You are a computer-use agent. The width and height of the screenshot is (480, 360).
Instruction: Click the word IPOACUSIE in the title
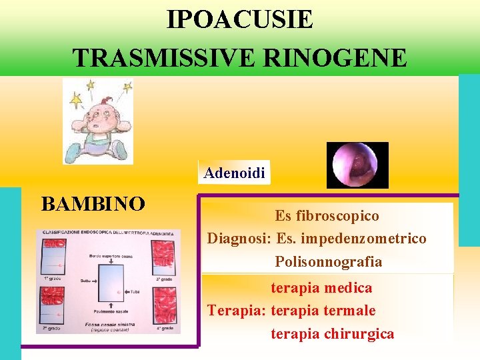pos(239,19)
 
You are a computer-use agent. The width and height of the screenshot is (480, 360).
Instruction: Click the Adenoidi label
pos(235,173)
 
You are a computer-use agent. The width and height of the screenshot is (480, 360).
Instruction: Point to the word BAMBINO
pos(93,203)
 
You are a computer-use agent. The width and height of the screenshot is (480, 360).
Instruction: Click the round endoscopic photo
pos(357,165)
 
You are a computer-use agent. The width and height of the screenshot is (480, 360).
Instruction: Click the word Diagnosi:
pos(239,238)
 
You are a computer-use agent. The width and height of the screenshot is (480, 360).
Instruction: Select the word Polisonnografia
pos(329,261)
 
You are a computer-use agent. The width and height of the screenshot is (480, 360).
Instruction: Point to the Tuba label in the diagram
pos(135,291)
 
